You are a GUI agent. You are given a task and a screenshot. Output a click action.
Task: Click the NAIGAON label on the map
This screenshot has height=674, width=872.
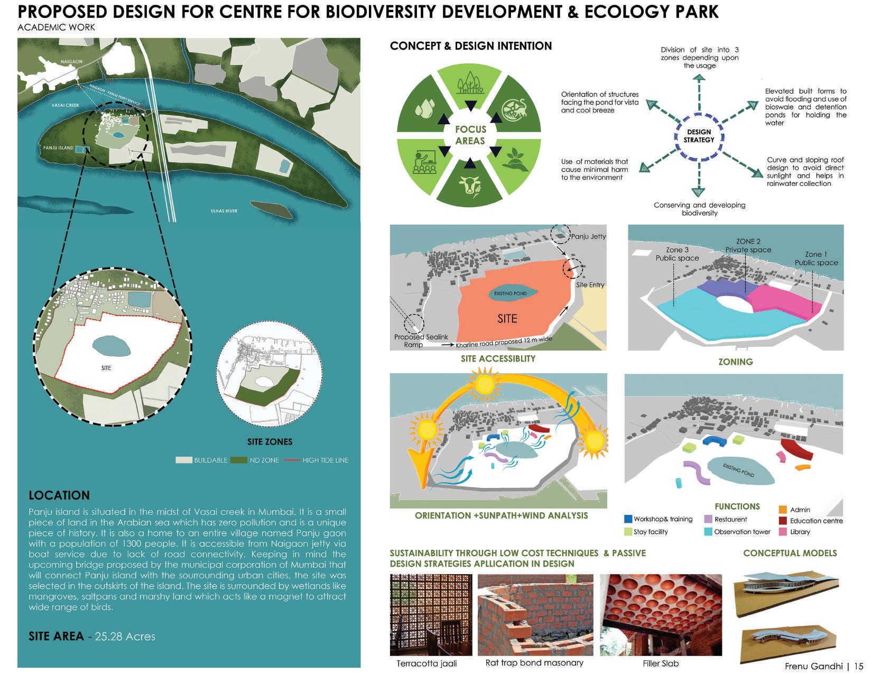tap(71, 62)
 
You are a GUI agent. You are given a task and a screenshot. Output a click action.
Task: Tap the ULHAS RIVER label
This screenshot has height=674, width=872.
tap(224, 211)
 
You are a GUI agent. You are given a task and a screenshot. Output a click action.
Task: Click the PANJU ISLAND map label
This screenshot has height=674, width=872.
tap(58, 147)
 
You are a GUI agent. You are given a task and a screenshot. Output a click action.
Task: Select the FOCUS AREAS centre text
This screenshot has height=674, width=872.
tap(470, 135)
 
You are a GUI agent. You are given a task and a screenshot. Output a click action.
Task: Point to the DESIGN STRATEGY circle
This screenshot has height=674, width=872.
tap(699, 136)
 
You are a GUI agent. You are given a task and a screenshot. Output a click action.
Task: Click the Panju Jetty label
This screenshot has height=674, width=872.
tap(588, 236)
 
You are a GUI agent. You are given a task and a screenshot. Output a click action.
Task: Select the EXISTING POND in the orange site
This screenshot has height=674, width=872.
tap(510, 293)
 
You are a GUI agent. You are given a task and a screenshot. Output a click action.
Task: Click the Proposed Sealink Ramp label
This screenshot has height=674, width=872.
tap(416, 340)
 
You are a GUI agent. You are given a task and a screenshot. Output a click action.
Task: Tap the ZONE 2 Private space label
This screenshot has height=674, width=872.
tap(748, 245)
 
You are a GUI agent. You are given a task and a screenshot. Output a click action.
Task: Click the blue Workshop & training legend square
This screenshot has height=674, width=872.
tap(628, 519)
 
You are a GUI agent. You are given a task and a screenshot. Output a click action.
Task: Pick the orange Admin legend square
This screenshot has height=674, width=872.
tap(783, 510)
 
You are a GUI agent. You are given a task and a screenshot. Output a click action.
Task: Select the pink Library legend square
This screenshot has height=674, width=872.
tap(783, 532)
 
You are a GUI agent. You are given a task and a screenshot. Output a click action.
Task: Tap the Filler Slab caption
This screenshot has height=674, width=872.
tap(661, 663)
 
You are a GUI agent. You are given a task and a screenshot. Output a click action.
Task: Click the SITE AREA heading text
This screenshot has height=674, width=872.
tap(56, 636)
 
